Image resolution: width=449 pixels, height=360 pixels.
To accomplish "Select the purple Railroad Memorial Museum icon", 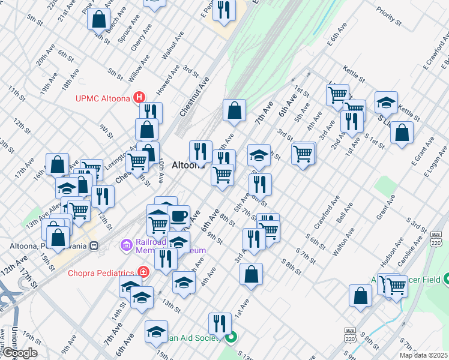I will click(126, 245).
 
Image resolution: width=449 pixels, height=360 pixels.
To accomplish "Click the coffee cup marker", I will click(178, 216).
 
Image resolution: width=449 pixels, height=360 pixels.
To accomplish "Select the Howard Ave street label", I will click(168, 79).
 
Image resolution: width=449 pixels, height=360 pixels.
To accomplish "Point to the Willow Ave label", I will click(139, 69).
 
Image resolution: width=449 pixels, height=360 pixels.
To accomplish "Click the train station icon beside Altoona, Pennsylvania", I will click(94, 246).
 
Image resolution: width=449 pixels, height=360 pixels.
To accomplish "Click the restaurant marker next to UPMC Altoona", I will click(151, 112).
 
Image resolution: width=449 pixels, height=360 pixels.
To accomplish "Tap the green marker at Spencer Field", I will click(446, 279).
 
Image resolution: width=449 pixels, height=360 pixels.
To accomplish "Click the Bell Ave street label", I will click(345, 218).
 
